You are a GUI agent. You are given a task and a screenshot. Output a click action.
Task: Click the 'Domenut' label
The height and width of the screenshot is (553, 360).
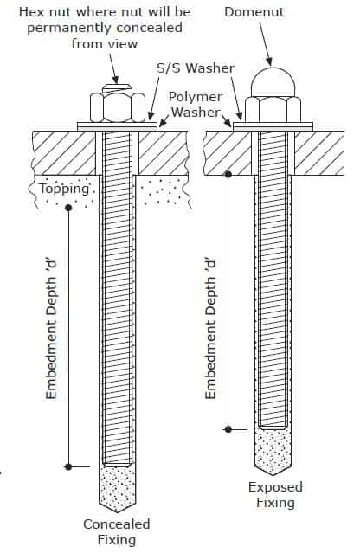pyautogui.click(x=254, y=12)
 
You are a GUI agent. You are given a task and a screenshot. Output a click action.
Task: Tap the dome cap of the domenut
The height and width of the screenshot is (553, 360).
pyautogui.click(x=273, y=82)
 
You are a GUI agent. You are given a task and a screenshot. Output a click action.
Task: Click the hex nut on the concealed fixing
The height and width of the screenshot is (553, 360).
pyautogui.click(x=118, y=107)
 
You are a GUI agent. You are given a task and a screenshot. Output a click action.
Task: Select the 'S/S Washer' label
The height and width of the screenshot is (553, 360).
pyautogui.click(x=196, y=68)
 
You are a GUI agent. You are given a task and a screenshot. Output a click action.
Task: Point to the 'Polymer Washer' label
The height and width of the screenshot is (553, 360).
pyautogui.click(x=196, y=105)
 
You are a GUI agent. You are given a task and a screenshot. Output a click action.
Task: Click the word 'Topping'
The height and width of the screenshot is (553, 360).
pyautogui.click(x=64, y=189)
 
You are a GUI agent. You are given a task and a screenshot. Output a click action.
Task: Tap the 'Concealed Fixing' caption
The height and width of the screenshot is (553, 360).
pyautogui.click(x=117, y=532)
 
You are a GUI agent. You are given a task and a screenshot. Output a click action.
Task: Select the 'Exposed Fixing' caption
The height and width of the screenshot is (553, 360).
pyautogui.click(x=275, y=494)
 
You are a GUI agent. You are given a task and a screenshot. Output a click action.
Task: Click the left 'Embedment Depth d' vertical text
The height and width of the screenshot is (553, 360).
pyautogui.click(x=51, y=330)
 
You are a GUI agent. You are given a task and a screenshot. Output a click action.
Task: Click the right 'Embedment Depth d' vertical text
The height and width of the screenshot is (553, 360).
pyautogui.click(x=210, y=330)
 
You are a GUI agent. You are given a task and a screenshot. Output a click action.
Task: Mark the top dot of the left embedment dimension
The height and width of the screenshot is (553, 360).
pyautogui.click(x=68, y=208)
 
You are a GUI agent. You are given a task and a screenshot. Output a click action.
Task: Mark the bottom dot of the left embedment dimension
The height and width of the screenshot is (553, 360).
pyautogui.click(x=68, y=466)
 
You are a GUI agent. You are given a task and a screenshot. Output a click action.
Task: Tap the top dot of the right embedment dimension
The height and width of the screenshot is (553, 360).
pyautogui.click(x=228, y=174)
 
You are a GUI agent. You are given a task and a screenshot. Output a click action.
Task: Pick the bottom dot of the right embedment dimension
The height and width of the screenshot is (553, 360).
pyautogui.click(x=228, y=429)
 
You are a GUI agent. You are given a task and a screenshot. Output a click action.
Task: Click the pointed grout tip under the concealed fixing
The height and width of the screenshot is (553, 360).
pyautogui.click(x=117, y=512)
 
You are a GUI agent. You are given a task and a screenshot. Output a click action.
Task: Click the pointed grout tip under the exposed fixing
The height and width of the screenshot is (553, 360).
pyautogui.click(x=273, y=475)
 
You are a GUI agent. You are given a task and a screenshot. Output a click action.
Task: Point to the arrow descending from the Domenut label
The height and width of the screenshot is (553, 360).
pyautogui.click(x=266, y=44)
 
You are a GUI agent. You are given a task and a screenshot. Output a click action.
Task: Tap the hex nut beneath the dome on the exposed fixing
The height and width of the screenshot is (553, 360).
pyautogui.click(x=273, y=110)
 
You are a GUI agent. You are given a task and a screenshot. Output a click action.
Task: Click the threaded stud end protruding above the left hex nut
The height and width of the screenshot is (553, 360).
pyautogui.click(x=118, y=88)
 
